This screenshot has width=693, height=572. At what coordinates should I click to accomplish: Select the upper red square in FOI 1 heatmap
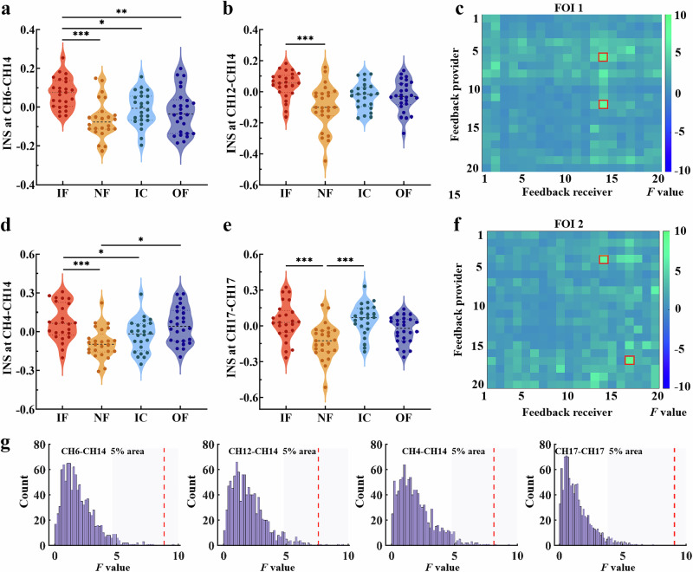603,57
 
